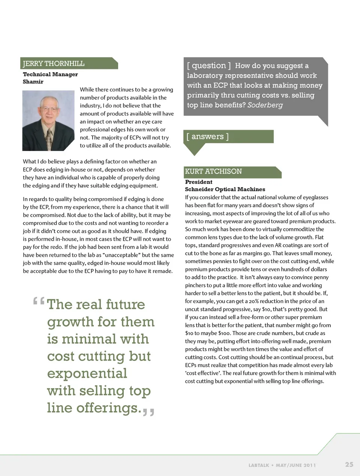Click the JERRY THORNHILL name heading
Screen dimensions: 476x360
pos(54,63)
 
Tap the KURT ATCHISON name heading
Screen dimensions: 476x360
pos(213,172)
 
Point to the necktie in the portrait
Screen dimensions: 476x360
pos(49,139)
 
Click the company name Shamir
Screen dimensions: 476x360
pos(33,82)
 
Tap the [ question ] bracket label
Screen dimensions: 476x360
pos(209,66)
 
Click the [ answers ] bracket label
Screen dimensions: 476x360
pos(207,136)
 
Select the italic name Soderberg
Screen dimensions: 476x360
pos(265,105)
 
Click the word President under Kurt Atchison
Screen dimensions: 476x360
pos(199,182)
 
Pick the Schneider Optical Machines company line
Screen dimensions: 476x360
pos(225,189)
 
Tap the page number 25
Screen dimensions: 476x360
pos(349,464)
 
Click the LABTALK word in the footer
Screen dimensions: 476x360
pos(259,465)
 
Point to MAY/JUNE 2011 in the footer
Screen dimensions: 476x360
pos(295,465)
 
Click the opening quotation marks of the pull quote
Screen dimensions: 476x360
pos(39,301)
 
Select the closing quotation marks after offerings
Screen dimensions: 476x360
pos(148,412)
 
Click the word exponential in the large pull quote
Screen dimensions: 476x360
pos(87,373)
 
